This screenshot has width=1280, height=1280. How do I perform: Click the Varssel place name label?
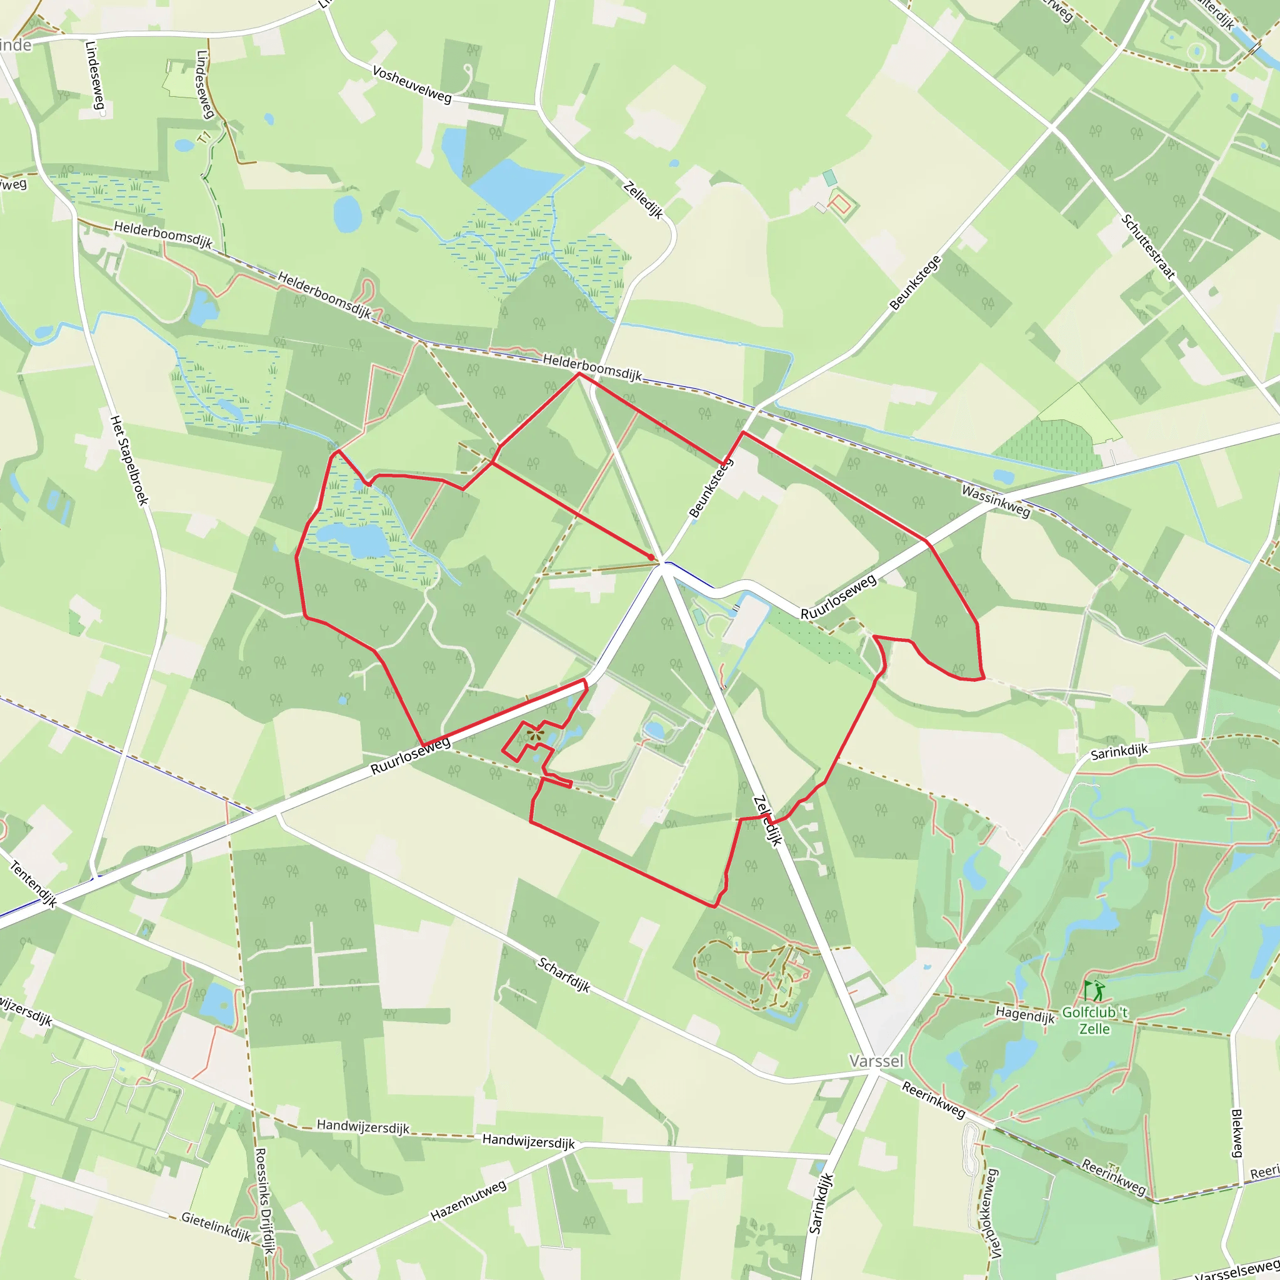pyautogui.click(x=876, y=1061)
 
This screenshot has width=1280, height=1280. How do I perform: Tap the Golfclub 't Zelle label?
pyautogui.click(x=1094, y=1020)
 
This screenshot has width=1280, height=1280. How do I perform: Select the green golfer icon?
pyautogui.click(x=1094, y=991)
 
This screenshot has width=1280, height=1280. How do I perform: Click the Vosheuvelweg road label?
pyautogui.click(x=412, y=84)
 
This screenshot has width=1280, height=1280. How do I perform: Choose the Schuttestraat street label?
pyautogui.click(x=1148, y=246)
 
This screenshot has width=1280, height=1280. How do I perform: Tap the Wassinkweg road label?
pyautogui.click(x=996, y=501)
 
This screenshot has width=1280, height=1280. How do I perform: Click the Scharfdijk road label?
pyautogui.click(x=564, y=974)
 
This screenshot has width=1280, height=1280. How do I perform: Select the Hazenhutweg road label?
pyautogui.click(x=468, y=1201)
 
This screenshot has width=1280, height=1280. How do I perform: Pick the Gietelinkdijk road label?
pyautogui.click(x=217, y=1226)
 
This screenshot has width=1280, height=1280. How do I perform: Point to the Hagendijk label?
pyautogui.click(x=1025, y=1014)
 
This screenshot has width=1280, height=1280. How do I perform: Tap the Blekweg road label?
pyautogui.click(x=1236, y=1133)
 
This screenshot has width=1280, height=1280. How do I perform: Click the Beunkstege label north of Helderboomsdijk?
pyautogui.click(x=915, y=283)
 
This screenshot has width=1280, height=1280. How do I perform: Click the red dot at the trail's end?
pyautogui.click(x=651, y=556)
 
